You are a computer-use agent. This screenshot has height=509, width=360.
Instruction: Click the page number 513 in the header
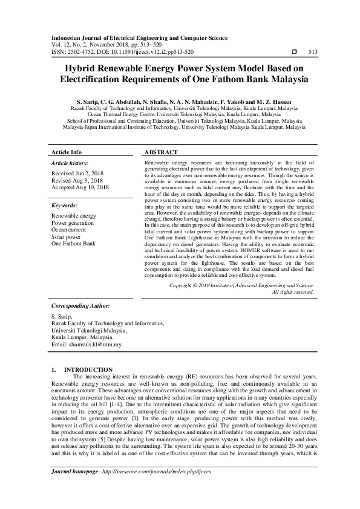click(313, 51)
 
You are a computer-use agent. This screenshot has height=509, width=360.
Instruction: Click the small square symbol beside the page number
click(294, 51)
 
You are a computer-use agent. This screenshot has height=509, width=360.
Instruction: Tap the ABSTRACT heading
click(161, 152)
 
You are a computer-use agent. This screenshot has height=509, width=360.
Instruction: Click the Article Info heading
click(67, 152)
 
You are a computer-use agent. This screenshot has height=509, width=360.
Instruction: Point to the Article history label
click(70, 163)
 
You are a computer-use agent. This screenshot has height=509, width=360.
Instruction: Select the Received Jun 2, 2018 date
click(79, 173)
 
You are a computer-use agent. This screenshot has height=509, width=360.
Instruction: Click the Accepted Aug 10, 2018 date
click(80, 187)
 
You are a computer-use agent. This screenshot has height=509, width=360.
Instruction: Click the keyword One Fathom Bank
click(73, 243)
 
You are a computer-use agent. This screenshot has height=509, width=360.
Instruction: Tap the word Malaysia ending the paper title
click(284, 79)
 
